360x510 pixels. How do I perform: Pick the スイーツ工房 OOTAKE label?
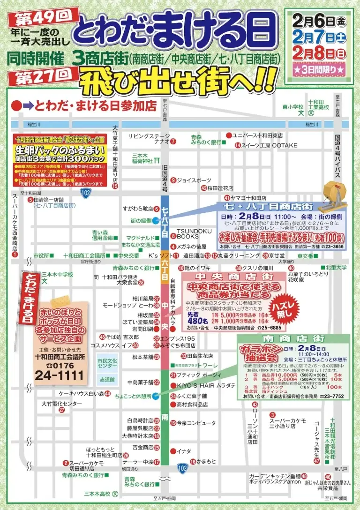269,145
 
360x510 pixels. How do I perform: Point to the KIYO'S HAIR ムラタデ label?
203,385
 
